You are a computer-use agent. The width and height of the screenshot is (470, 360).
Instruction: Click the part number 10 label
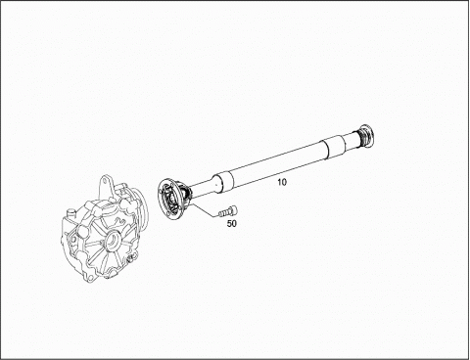coord(282,182)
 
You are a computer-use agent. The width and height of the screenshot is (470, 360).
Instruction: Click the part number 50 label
coord(232,224)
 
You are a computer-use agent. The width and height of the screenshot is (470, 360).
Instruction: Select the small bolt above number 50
coord(228,211)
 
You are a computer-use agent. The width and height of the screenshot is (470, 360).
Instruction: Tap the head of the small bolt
coord(234,209)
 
